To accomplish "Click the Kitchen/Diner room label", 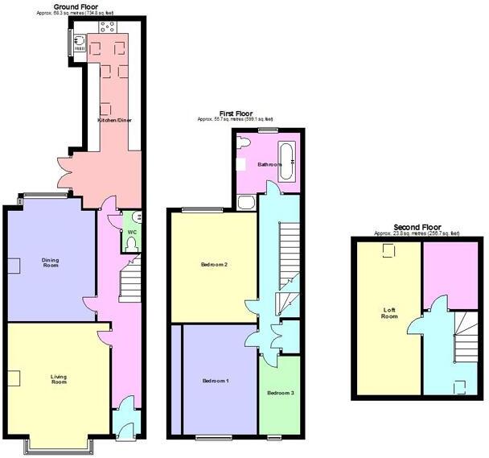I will click(114, 120).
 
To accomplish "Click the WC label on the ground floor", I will click(132, 233).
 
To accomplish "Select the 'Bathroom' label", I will click(269, 164).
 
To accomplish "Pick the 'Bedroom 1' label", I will click(216, 381).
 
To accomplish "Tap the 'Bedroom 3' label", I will click(280, 393).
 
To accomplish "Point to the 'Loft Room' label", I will click(389, 312).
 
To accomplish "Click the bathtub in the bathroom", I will click(287, 155).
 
